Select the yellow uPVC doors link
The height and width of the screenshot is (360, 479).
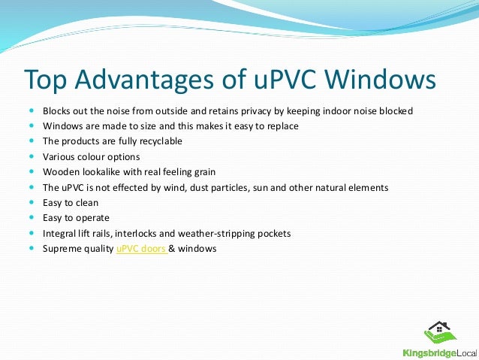pos(141,248)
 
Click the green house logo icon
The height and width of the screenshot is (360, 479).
pos(441,333)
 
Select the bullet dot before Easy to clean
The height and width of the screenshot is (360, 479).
pos(30,203)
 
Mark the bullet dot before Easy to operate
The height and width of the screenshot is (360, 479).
pos(30,218)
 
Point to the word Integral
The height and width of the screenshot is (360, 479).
pos(59,233)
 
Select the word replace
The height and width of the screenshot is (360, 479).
pos(282,126)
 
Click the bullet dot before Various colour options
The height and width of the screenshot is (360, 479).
pos(30,157)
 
